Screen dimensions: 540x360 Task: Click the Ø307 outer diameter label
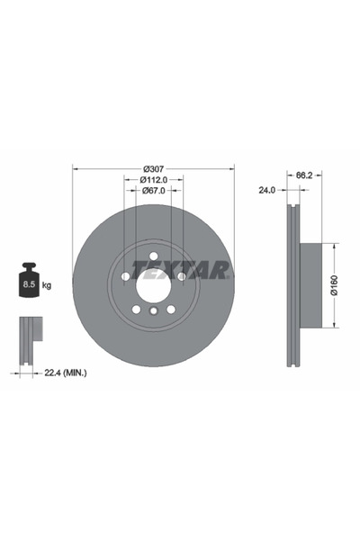tap(153, 168)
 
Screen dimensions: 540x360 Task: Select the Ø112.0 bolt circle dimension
tap(153, 179)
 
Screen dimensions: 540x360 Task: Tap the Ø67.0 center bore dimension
tap(153, 190)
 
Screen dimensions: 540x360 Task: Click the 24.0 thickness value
tap(266, 190)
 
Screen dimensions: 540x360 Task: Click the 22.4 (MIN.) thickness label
tap(66, 372)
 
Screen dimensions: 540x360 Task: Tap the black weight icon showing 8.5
tap(28, 281)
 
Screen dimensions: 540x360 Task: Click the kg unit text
tap(47, 285)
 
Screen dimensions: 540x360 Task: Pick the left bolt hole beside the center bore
tap(124, 277)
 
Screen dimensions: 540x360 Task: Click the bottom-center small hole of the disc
tap(153, 312)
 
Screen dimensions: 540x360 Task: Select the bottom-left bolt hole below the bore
tap(135, 310)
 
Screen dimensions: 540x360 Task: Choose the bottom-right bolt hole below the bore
tap(171, 310)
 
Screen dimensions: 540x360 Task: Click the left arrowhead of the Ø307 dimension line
tap(76, 168)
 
